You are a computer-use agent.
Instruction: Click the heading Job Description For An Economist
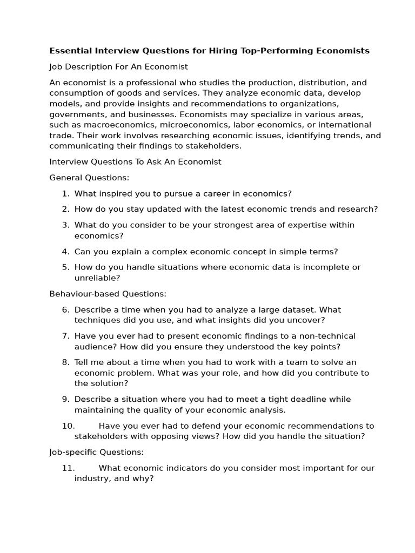pos(118,67)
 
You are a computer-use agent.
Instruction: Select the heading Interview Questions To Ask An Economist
pos(135,162)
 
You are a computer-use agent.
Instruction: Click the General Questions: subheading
pos(89,178)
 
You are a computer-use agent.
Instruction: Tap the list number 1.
pos(65,193)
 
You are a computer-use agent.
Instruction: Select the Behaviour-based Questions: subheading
pos(108,294)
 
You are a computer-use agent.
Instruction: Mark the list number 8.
pos(65,362)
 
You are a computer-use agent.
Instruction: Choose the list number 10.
pos(68,426)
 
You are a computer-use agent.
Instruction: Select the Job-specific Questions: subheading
pos(96,452)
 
